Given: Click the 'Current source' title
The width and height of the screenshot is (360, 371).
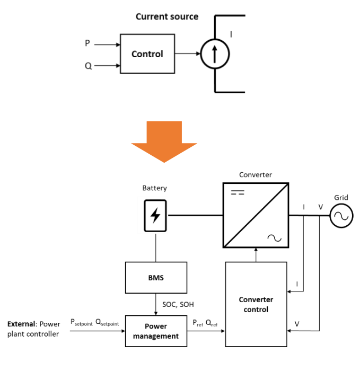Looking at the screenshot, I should [x=166, y=16].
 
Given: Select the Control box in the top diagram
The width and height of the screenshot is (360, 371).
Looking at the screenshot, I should [x=147, y=54].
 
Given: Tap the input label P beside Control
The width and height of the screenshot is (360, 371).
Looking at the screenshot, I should [x=88, y=43].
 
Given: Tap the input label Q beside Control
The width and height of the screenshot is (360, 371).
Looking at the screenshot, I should [x=88, y=66].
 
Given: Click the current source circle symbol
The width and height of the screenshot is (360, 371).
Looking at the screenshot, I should [x=215, y=54].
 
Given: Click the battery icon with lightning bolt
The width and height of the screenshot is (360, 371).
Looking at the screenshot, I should [x=155, y=215].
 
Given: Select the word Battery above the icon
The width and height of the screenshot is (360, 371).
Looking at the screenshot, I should [x=154, y=188].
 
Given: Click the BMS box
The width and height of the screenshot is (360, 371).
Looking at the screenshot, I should [x=155, y=277].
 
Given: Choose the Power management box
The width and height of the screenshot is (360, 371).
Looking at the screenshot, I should [x=155, y=331].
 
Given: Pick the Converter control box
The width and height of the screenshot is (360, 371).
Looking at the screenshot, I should [x=256, y=304].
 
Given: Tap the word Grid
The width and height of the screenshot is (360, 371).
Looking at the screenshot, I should [x=341, y=198].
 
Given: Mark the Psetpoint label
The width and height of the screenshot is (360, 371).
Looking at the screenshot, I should [x=81, y=323].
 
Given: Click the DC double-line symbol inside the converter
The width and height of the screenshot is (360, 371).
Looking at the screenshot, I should [x=238, y=193].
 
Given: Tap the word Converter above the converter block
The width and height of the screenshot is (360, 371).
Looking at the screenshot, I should [x=255, y=174].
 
